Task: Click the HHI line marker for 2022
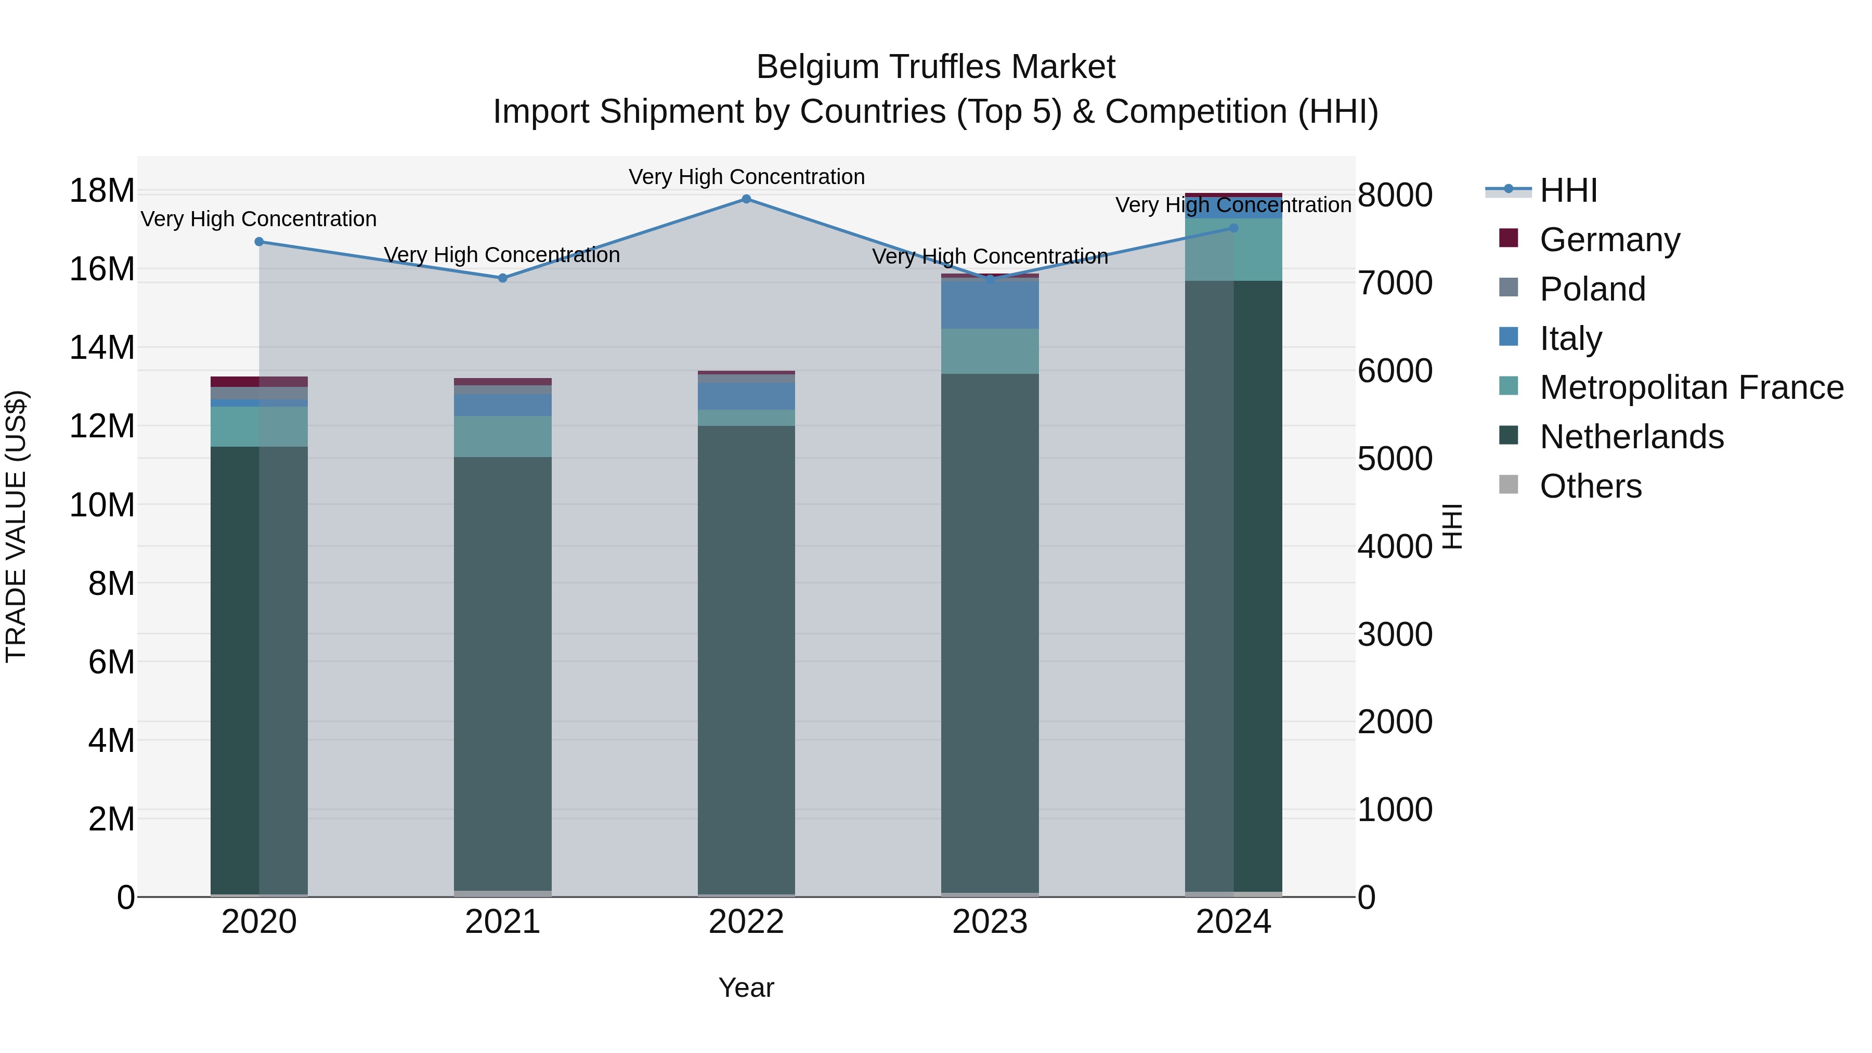coord(746,199)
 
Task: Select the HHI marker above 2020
coord(259,242)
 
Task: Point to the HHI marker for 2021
coord(503,278)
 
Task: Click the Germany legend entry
coord(1609,240)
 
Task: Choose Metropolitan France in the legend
coord(1691,387)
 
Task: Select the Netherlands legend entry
coord(1631,437)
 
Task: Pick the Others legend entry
coord(1590,486)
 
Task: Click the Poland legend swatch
coord(1509,288)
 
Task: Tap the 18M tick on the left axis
coord(102,191)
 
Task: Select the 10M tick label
coord(102,505)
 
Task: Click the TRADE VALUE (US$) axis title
coord(16,526)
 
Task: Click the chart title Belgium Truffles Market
coord(935,67)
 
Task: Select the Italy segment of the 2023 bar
coord(990,304)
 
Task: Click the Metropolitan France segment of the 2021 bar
coord(503,436)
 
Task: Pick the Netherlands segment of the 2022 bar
coord(746,654)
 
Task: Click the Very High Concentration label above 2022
coord(746,177)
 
